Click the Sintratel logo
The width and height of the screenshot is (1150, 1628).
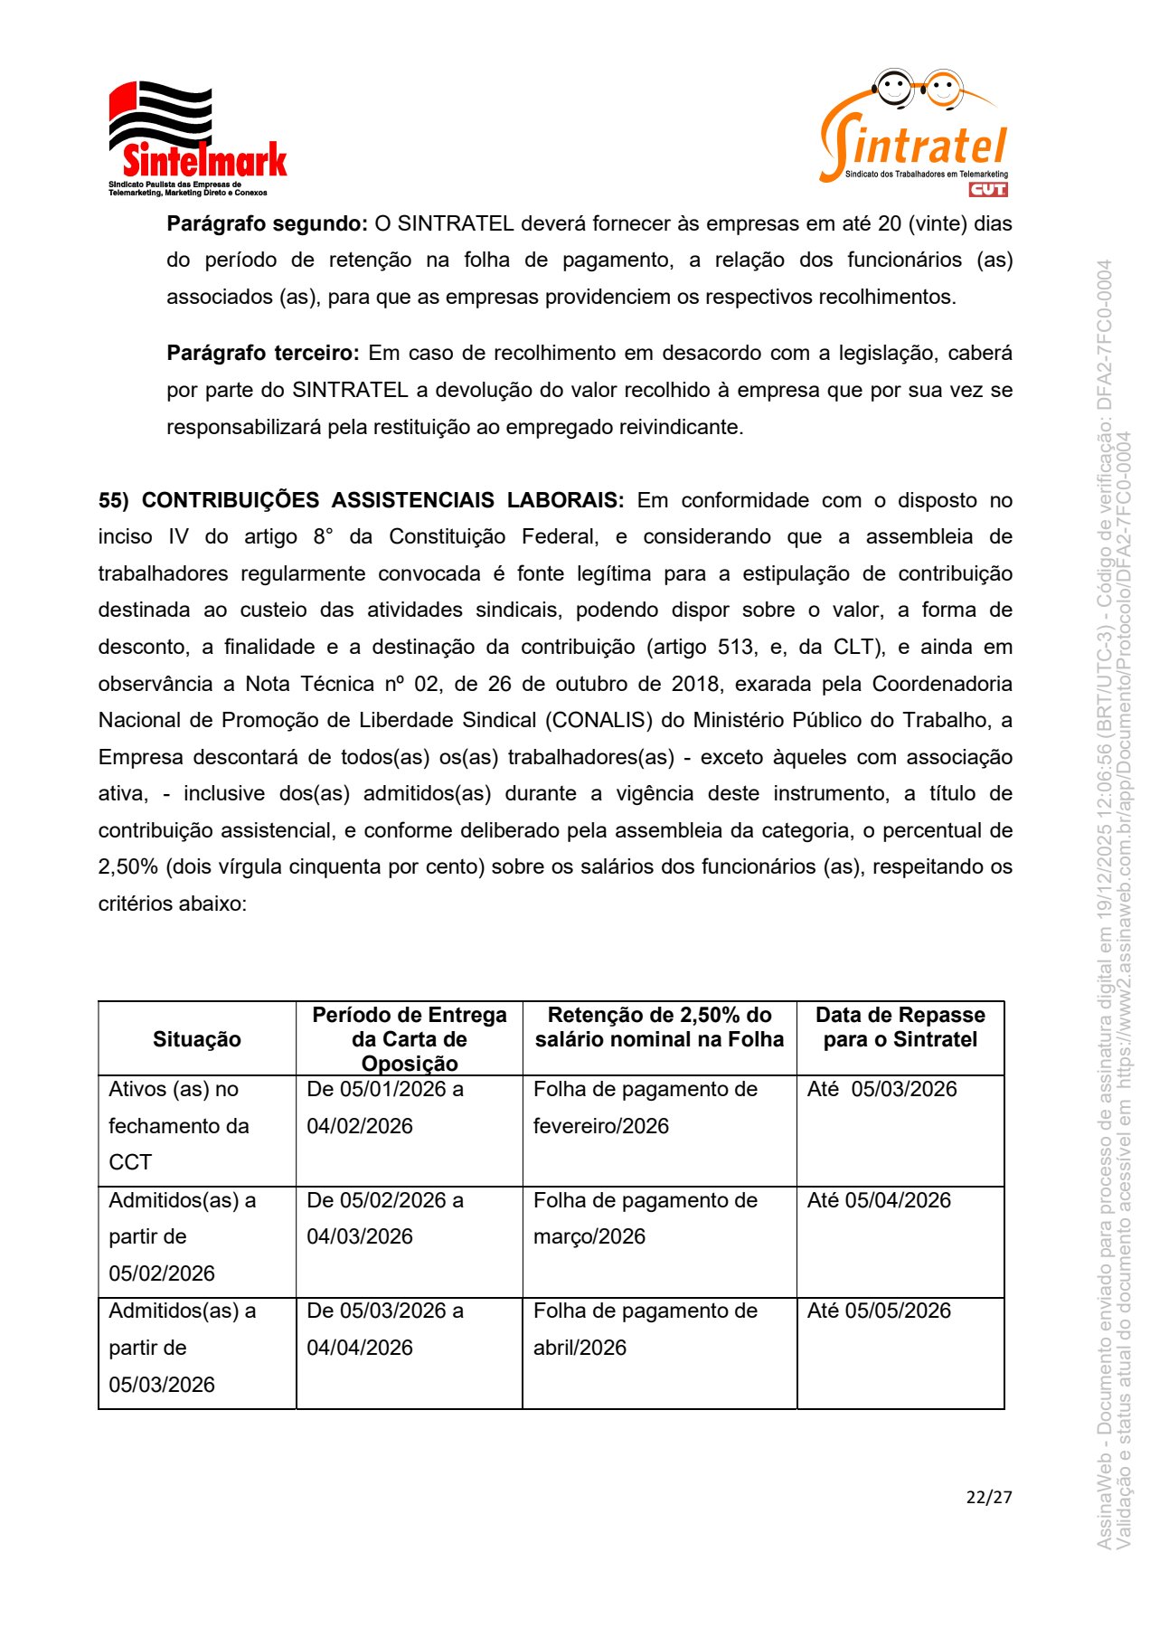coord(914,131)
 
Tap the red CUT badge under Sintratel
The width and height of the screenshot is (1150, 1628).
coord(987,189)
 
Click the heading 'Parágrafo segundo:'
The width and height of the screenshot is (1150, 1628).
coord(267,223)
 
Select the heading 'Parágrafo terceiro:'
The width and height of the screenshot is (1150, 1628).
coord(263,353)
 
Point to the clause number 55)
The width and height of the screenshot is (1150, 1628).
coord(114,500)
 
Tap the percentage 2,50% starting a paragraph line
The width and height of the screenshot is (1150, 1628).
coord(127,866)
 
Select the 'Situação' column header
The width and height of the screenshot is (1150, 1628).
coord(197,1039)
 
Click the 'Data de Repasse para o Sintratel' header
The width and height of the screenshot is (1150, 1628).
coord(900,1027)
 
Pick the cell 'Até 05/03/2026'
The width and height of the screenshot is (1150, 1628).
coord(881,1089)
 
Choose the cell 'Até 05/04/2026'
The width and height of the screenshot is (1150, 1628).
coord(879,1200)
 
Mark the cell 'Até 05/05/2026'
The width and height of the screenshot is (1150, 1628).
coord(879,1311)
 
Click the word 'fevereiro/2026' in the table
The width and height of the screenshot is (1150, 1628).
coord(600,1126)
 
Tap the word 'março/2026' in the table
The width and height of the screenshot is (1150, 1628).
coord(589,1236)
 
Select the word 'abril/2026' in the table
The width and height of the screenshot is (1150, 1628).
coord(580,1348)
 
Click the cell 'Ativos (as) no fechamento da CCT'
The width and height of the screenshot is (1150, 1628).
coord(178,1126)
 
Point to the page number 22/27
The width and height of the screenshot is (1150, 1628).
coord(988,1497)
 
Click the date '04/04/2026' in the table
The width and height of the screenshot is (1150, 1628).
coord(359,1348)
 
